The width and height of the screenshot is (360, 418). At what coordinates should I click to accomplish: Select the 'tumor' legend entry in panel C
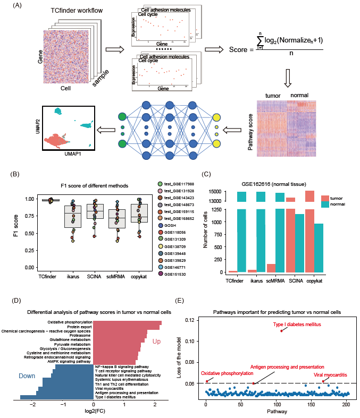[336, 197]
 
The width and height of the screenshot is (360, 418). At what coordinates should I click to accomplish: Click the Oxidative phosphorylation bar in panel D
[128, 322]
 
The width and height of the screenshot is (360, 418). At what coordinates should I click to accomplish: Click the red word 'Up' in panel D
[156, 341]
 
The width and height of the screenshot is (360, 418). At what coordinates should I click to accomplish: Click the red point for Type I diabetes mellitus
[281, 331]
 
